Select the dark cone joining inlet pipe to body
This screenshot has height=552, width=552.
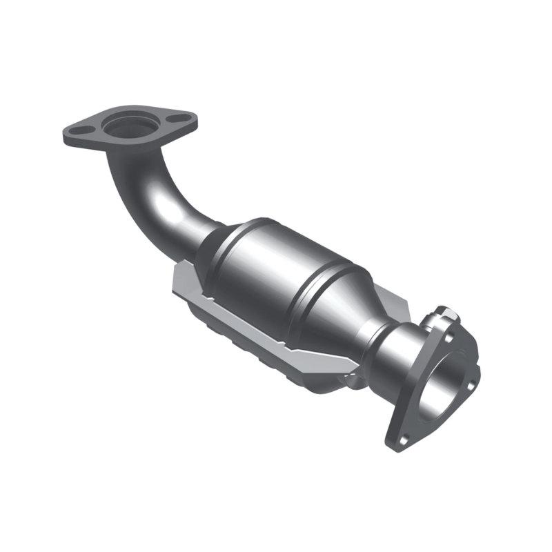tap(214, 241)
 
